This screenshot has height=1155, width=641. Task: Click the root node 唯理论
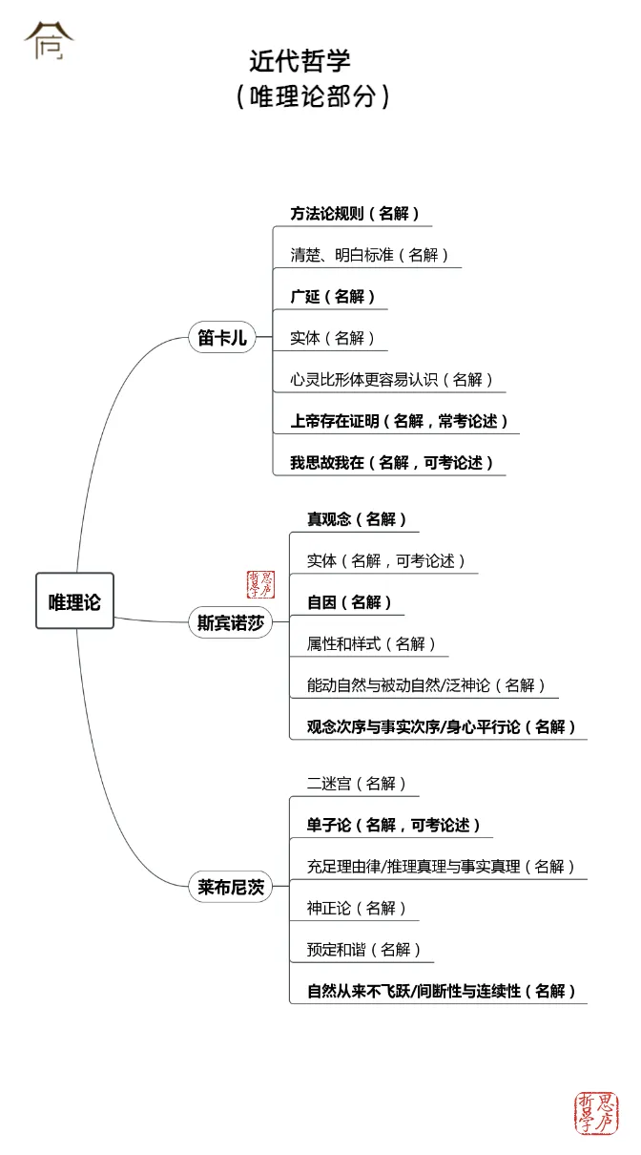click(74, 601)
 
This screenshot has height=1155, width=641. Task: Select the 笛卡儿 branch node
click(222, 338)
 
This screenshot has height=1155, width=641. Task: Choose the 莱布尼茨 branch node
click(230, 887)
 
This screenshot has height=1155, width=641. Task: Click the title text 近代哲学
click(300, 61)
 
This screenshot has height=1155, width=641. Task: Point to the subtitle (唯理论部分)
click(314, 97)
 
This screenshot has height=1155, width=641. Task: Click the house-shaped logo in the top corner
click(49, 40)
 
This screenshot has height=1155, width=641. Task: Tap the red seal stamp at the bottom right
click(596, 1113)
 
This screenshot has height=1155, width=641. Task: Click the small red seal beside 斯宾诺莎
click(260, 585)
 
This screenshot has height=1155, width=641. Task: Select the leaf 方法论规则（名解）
click(355, 214)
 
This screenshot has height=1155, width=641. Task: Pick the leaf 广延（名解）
click(333, 297)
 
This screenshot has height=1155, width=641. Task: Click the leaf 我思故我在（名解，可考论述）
click(392, 463)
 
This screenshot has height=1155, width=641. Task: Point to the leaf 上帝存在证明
click(400, 421)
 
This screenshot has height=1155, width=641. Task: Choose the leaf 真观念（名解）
click(357, 519)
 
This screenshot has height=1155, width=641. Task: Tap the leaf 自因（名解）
click(349, 602)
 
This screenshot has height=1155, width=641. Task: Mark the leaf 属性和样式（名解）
click(371, 644)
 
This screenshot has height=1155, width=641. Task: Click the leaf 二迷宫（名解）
click(357, 784)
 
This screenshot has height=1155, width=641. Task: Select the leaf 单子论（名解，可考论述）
click(394, 825)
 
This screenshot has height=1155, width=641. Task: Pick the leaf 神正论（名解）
click(357, 908)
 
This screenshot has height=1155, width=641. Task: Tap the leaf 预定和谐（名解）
click(363, 950)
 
